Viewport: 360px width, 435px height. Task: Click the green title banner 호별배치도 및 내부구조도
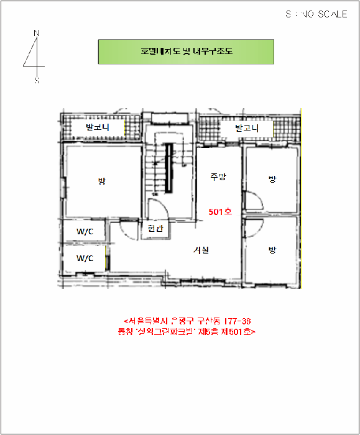[x=186, y=52]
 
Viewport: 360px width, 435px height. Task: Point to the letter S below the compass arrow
[x=37, y=80]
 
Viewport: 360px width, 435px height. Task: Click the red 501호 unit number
[x=219, y=212]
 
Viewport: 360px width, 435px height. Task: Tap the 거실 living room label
[x=201, y=250]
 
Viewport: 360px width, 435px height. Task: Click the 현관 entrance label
[x=155, y=229]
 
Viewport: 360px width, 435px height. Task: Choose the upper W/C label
[x=85, y=232]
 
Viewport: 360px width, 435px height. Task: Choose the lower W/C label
[x=85, y=258]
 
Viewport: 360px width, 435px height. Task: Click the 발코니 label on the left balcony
[x=97, y=127]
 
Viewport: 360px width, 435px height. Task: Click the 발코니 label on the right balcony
[x=246, y=128]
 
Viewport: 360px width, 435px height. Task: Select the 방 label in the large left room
[x=101, y=181]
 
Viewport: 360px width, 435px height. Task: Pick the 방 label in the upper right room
[x=272, y=179]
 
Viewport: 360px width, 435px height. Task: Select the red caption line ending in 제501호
[x=187, y=332]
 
